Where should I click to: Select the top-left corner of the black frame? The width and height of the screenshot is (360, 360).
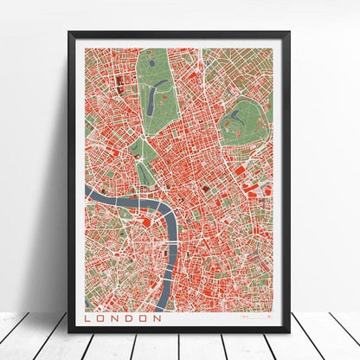point(70,34)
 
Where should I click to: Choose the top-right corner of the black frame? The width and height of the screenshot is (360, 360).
point(288,34)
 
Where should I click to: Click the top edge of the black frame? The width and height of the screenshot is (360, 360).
point(179,34)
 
